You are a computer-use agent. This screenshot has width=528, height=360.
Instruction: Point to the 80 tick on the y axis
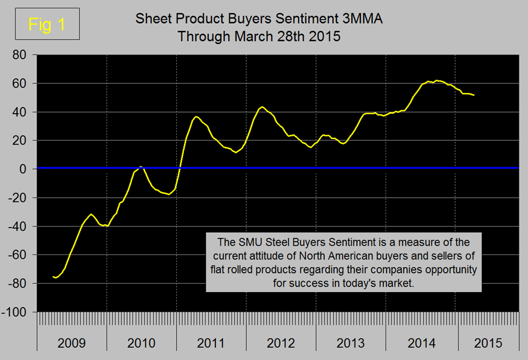coord(20,55)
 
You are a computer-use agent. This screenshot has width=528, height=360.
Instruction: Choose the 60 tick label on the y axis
coord(20,83)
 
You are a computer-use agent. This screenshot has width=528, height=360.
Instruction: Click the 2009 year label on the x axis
coord(72,343)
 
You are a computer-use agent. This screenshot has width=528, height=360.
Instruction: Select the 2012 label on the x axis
coord(281,343)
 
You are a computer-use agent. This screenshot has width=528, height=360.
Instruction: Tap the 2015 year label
coord(488,343)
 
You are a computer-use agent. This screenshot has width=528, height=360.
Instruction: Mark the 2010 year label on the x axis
coord(141,343)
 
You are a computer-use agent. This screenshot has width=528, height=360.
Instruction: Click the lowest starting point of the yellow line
coord(55,277)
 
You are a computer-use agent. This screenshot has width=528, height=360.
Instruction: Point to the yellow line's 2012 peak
coord(262,107)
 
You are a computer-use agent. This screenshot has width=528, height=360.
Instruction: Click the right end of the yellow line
coord(474,95)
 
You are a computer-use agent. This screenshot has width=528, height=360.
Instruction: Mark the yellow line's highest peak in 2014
coord(436,81)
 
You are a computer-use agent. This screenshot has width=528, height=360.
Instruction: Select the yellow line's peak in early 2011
coord(196,117)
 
